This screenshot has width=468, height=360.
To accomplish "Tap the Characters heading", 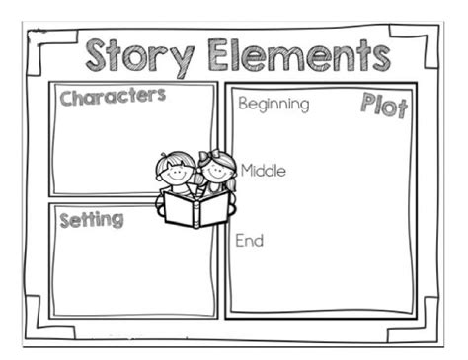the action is click(x=113, y=98).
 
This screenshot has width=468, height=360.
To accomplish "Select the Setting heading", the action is click(x=91, y=219).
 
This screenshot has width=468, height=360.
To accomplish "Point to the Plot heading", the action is click(x=384, y=107).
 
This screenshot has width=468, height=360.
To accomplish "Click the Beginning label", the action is click(x=273, y=104).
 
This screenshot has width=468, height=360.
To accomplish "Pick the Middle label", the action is click(x=263, y=171).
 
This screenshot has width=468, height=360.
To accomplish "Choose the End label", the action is click(x=249, y=240).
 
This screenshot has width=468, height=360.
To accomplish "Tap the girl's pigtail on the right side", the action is click(x=232, y=163).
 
